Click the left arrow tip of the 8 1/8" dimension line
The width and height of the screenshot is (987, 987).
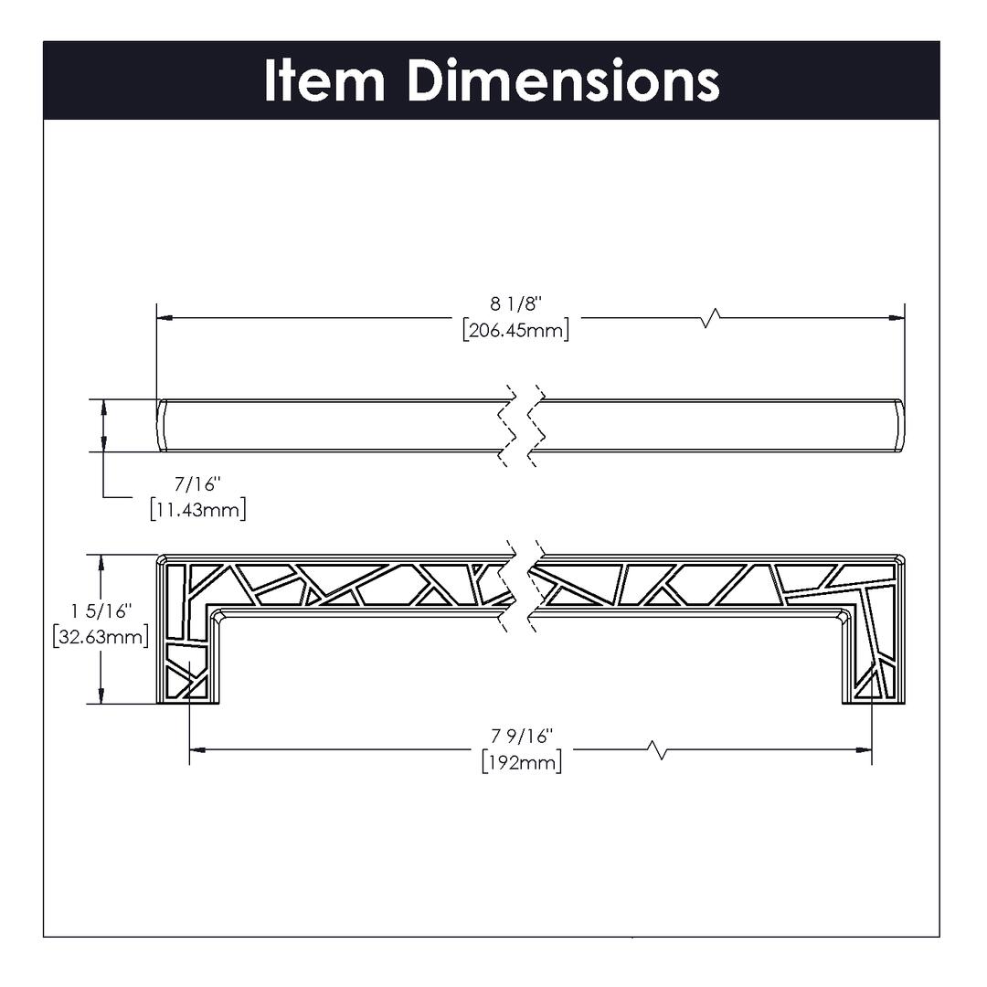coord(157,318)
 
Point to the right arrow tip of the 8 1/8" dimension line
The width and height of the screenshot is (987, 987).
coord(904,318)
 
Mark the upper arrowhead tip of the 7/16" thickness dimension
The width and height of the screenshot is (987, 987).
coord(103,399)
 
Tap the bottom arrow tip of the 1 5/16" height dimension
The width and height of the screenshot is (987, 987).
coord(101,703)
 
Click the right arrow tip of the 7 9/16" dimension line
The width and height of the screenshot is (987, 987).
coord(871,749)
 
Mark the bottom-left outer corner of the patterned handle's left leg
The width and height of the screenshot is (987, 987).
coord(157,703)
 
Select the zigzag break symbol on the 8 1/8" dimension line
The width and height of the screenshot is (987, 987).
coord(710,318)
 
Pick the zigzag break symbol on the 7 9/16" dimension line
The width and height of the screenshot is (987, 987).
coord(658,749)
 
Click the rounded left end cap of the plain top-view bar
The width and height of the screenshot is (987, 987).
coord(161,426)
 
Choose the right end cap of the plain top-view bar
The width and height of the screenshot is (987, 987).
coord(899,426)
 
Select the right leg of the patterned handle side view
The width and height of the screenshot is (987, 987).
coord(874,654)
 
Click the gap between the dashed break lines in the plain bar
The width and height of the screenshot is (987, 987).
coord(521,426)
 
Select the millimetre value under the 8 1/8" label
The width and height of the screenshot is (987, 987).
coord(516,330)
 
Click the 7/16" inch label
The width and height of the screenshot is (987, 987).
coord(198,484)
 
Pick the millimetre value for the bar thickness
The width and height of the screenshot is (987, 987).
coord(198,509)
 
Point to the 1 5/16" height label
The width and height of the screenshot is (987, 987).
coord(101,611)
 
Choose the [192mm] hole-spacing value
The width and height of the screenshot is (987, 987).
coord(522,762)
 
